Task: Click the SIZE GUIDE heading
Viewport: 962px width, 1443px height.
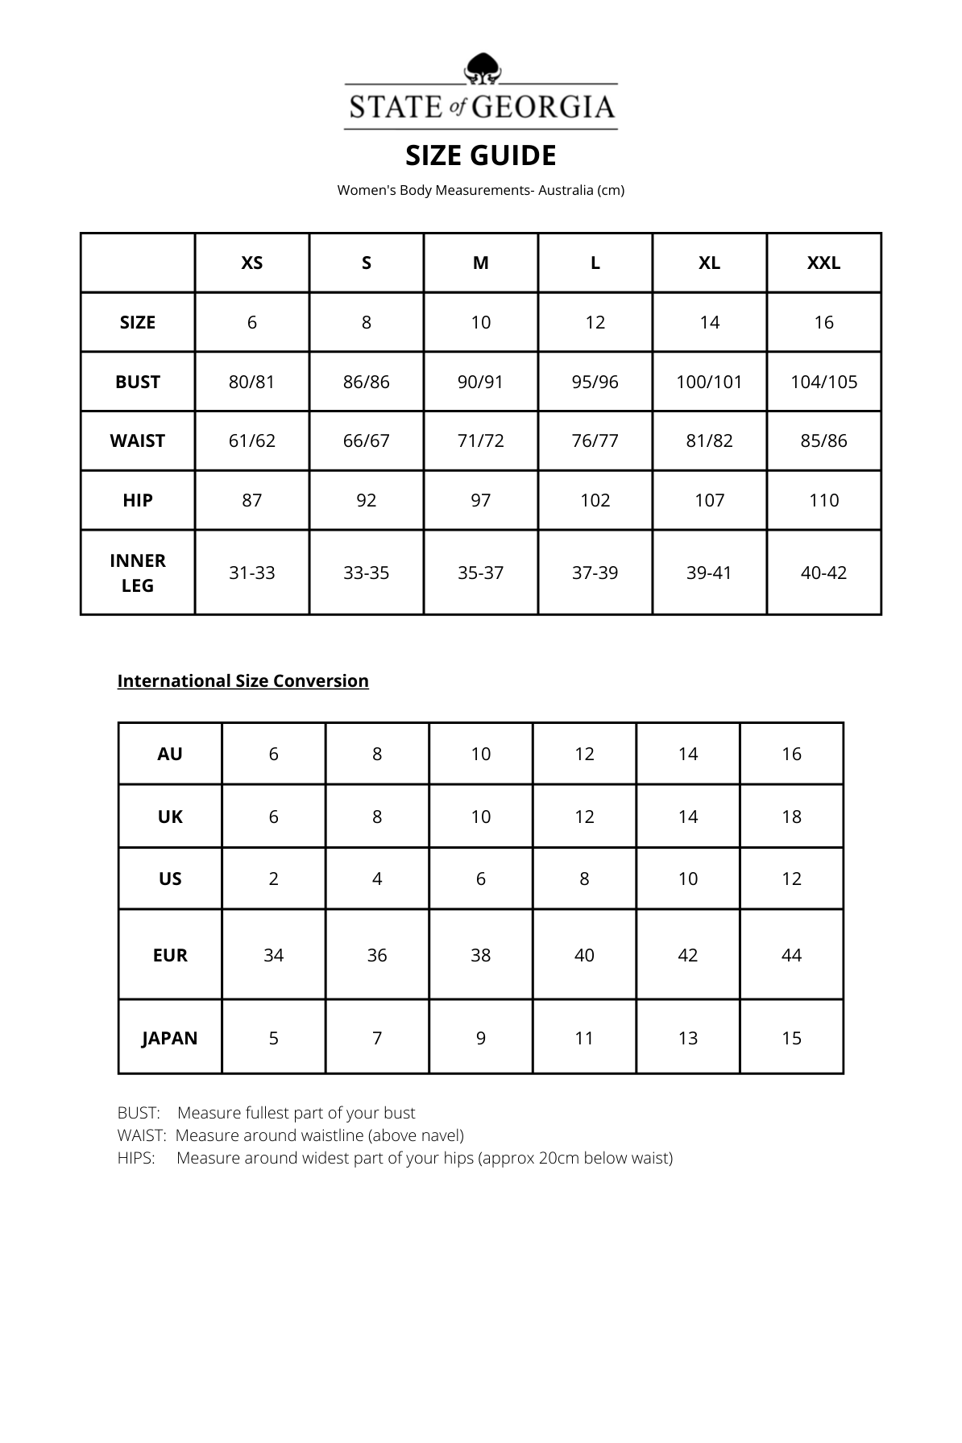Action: pos(481,155)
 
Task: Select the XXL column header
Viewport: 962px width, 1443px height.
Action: pos(823,263)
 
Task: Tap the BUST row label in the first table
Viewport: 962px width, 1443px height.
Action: pos(138,382)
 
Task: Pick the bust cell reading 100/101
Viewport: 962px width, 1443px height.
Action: pos(709,382)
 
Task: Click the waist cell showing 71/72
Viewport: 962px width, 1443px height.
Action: pos(481,440)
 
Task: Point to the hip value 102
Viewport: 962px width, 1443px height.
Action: pos(595,500)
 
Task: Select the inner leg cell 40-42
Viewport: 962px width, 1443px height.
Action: pos(823,573)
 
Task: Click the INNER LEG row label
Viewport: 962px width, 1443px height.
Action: pos(138,573)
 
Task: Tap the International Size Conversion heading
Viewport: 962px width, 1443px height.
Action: pos(243,680)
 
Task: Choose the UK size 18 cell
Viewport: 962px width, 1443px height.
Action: pos(791,817)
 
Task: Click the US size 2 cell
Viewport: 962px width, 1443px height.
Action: pos(274,879)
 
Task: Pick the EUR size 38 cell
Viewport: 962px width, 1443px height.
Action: pos(481,955)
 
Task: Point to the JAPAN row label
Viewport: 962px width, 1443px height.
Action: pos(170,1038)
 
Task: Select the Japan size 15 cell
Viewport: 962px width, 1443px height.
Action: pos(791,1038)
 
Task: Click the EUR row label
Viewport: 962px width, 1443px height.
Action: pos(170,955)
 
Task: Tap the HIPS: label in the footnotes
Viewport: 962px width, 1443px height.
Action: pos(136,1158)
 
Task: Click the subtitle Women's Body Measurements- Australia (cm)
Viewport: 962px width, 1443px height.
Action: pos(481,190)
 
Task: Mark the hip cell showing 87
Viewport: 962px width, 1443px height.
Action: pos(252,500)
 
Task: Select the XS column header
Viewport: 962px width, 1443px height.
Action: pos(252,263)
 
